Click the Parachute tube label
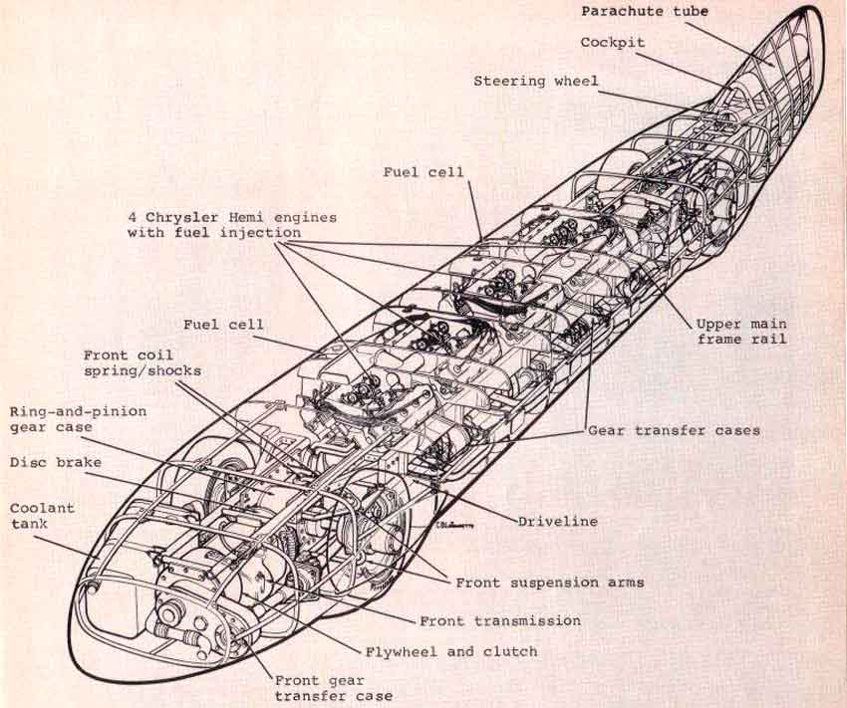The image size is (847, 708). (x=645, y=11)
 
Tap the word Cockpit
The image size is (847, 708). (x=613, y=43)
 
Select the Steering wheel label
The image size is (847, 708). (x=536, y=81)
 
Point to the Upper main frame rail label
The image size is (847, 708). (x=741, y=332)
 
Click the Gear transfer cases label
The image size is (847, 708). (x=674, y=430)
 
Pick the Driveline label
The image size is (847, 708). (x=557, y=521)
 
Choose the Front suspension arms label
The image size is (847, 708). (x=550, y=583)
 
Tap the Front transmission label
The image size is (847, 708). (x=500, y=621)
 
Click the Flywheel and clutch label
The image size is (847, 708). (x=451, y=652)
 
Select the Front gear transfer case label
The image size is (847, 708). (x=334, y=688)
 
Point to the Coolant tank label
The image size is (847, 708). (x=42, y=516)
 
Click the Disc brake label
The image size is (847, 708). (x=55, y=462)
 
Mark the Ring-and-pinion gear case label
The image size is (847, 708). (x=78, y=419)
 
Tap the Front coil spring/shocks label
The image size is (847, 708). (x=142, y=363)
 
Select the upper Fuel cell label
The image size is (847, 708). (x=423, y=172)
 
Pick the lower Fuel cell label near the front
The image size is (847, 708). (x=223, y=325)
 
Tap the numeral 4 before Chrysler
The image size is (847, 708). (x=133, y=218)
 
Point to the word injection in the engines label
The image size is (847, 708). (x=260, y=233)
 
